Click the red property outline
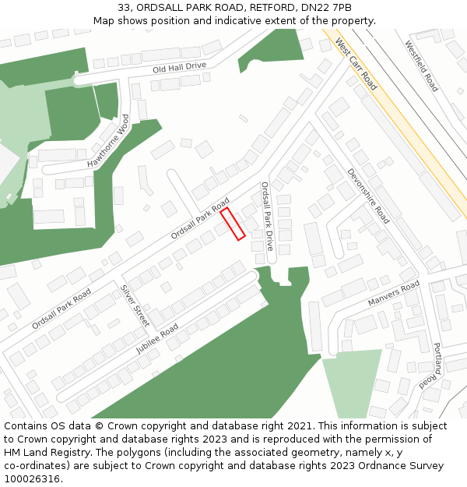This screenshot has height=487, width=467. [x=233, y=224]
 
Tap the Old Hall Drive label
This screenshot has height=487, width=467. [x=180, y=68]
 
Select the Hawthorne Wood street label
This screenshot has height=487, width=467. [x=108, y=142]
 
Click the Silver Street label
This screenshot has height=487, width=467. [x=135, y=304]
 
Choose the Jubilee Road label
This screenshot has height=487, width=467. [x=157, y=338]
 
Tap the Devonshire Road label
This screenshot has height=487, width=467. [x=368, y=196]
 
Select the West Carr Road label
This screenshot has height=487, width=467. [x=356, y=62]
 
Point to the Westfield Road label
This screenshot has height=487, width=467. [x=422, y=66]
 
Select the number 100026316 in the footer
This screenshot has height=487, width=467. [x=32, y=479]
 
